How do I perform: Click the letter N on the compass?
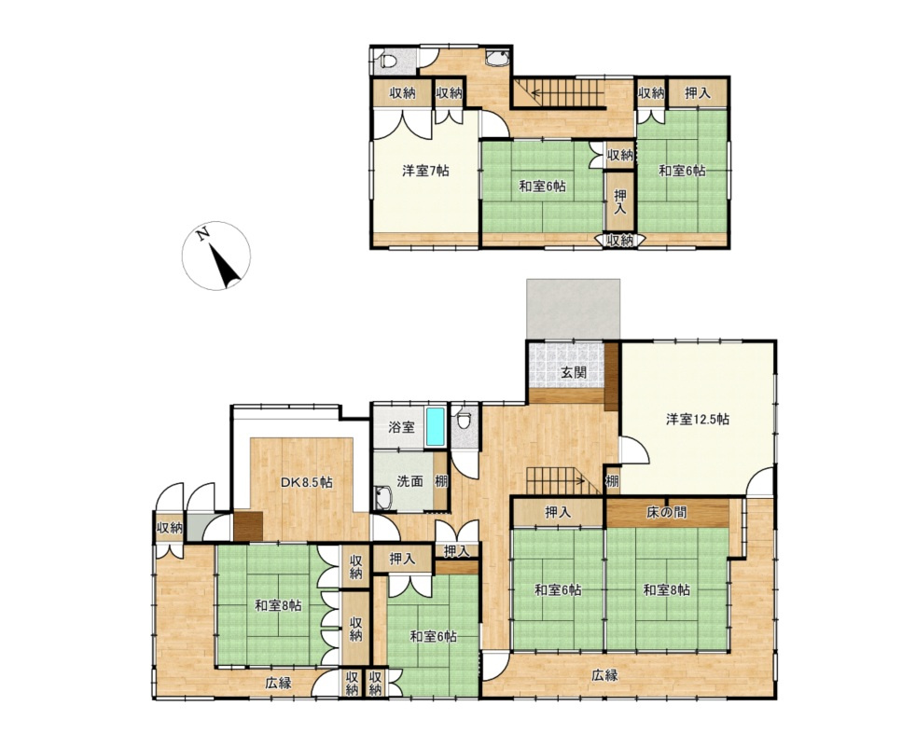coord(203,234)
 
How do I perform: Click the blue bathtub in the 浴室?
coord(435,426)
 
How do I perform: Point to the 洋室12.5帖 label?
coord(698,419)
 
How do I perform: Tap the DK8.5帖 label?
coord(307,482)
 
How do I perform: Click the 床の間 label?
coord(666,512)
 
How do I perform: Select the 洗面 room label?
coord(409,481)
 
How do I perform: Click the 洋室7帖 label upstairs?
coord(425,171)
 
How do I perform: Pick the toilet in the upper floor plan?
coord(387,60)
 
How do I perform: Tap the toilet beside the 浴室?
coord(464,420)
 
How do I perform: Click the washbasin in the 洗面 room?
coord(383,498)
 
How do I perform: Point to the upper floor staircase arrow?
coord(560,91)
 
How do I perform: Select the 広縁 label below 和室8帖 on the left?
coord(278,682)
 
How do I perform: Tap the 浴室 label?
coord(401,426)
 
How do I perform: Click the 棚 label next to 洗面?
coord(441,482)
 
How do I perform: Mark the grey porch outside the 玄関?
coord(573,309)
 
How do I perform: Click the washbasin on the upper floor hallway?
coord(497,59)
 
